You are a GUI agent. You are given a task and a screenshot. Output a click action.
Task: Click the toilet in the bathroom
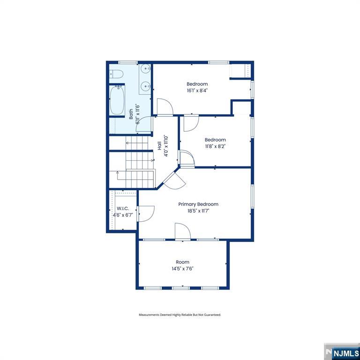tap(116, 74)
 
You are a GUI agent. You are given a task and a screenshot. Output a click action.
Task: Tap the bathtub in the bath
tap(117, 100)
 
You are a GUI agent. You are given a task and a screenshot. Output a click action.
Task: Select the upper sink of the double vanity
tap(146, 68)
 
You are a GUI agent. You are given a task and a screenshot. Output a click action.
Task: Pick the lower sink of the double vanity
tap(146, 86)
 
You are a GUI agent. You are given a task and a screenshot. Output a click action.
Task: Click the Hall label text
tap(159, 146)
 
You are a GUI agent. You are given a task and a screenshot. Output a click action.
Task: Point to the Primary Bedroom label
tap(198, 204)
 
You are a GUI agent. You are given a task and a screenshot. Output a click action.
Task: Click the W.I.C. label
tap(123, 209)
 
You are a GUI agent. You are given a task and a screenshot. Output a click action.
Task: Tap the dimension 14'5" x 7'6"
tap(182, 269)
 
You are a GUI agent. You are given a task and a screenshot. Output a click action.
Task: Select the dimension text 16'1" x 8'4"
tap(197, 90)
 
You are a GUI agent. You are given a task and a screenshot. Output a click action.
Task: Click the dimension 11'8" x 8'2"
tap(215, 146)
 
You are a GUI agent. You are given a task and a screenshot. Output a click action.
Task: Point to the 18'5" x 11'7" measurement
tap(198, 211)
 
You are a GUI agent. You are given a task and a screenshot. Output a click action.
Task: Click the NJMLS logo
tap(342, 352)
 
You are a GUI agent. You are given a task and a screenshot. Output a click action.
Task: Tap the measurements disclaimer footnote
tap(180, 315)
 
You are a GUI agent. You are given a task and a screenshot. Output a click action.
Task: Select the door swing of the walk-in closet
tap(146, 214)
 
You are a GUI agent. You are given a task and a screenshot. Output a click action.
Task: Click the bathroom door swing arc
tap(143, 124)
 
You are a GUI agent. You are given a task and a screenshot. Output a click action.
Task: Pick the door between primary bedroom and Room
tap(183, 232)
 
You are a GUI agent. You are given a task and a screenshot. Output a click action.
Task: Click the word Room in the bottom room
tap(182, 262)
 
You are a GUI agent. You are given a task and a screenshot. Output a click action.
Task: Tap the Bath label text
tap(131, 114)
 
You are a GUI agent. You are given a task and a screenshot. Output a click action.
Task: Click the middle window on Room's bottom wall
tap(181, 288)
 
